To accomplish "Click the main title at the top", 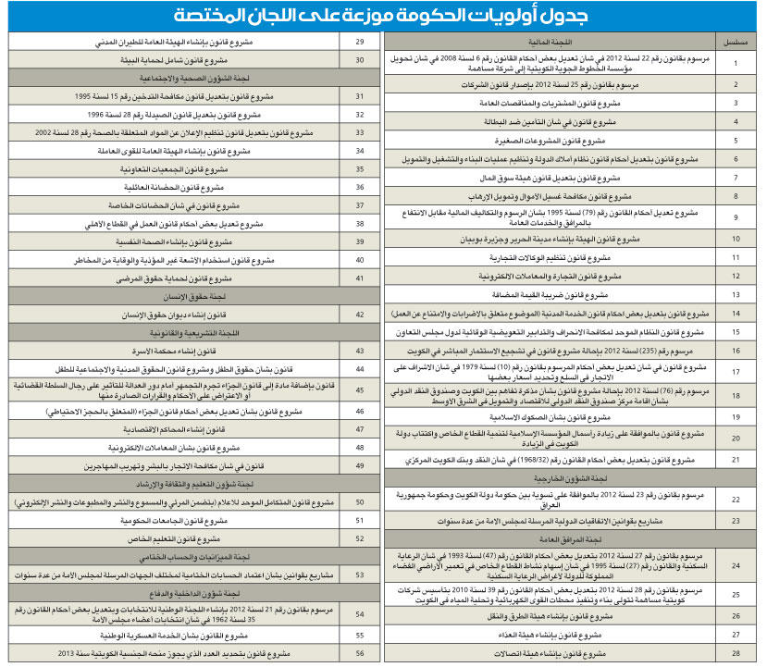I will pyautogui.click(x=382, y=17).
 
